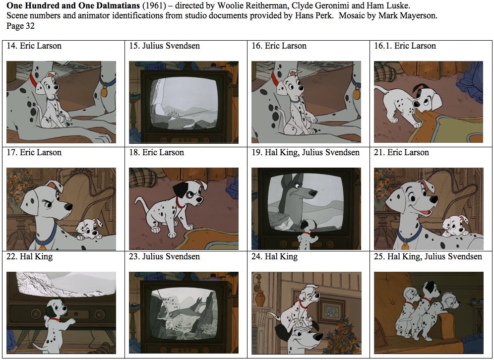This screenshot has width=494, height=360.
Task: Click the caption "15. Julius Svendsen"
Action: pos(164,46)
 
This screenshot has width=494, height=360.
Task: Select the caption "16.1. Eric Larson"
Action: pos(405,46)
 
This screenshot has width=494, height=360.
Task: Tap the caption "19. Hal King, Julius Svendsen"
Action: pos(306,152)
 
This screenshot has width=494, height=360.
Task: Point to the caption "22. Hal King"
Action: pos(30,256)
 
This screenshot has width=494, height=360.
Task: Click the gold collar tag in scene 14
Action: pos(104,92)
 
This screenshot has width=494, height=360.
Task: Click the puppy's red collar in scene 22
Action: pos(58,320)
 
